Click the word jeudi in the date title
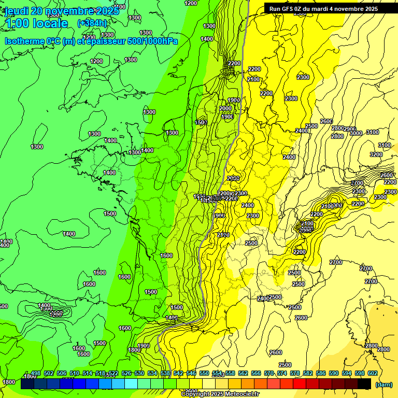(17, 10)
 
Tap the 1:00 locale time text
(36, 23)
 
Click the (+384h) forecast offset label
(92, 23)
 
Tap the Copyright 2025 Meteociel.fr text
(220, 394)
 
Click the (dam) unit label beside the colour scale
(383, 385)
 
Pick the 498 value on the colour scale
(36, 373)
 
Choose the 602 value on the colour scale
(372, 373)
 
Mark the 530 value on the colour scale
(139, 373)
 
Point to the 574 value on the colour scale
(282, 373)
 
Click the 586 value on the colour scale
(320, 373)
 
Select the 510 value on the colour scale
(75, 373)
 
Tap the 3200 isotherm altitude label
(376, 154)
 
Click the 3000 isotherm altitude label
(356, 133)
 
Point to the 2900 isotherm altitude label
(350, 129)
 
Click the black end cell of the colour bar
(364, 384)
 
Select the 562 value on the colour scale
(243, 373)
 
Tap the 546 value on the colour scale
(191, 373)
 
